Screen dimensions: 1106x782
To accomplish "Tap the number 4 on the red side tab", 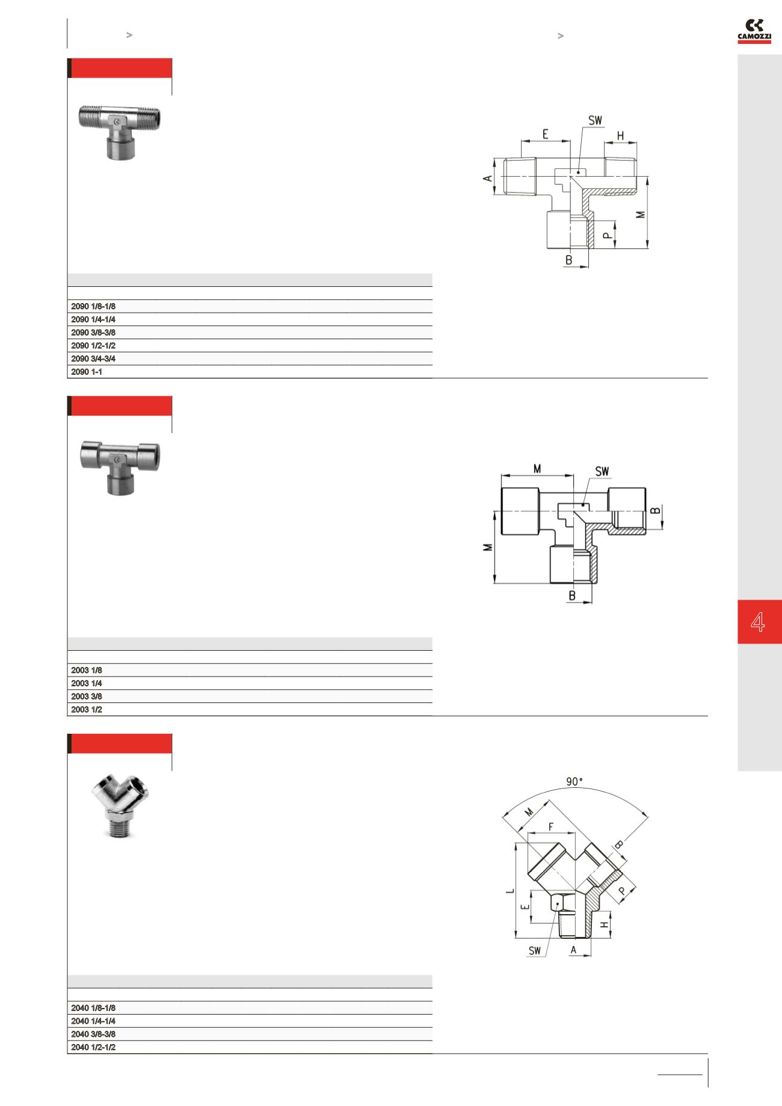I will [758, 622].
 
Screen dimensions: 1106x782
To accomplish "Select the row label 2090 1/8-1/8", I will [93, 306].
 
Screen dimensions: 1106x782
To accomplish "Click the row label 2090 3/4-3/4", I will [93, 358].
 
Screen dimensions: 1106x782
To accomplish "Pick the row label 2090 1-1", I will [87, 372].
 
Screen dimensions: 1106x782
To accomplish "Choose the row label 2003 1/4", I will [87, 683].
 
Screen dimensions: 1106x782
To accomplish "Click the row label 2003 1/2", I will [87, 710].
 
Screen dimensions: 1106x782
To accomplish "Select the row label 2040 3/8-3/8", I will [93, 1034].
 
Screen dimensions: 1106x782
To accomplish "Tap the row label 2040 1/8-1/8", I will [93, 1008].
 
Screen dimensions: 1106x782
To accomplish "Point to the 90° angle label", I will [574, 782].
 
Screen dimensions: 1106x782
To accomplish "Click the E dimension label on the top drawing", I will [545, 134].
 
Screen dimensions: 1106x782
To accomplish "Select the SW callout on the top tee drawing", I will [595, 121].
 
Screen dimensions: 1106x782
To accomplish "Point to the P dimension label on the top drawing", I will [608, 235].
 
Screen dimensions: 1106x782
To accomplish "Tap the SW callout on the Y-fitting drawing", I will [534, 951].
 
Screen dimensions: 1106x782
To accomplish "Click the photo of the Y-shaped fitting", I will [120, 807].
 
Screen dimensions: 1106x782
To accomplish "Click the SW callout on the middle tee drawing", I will [602, 472].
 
